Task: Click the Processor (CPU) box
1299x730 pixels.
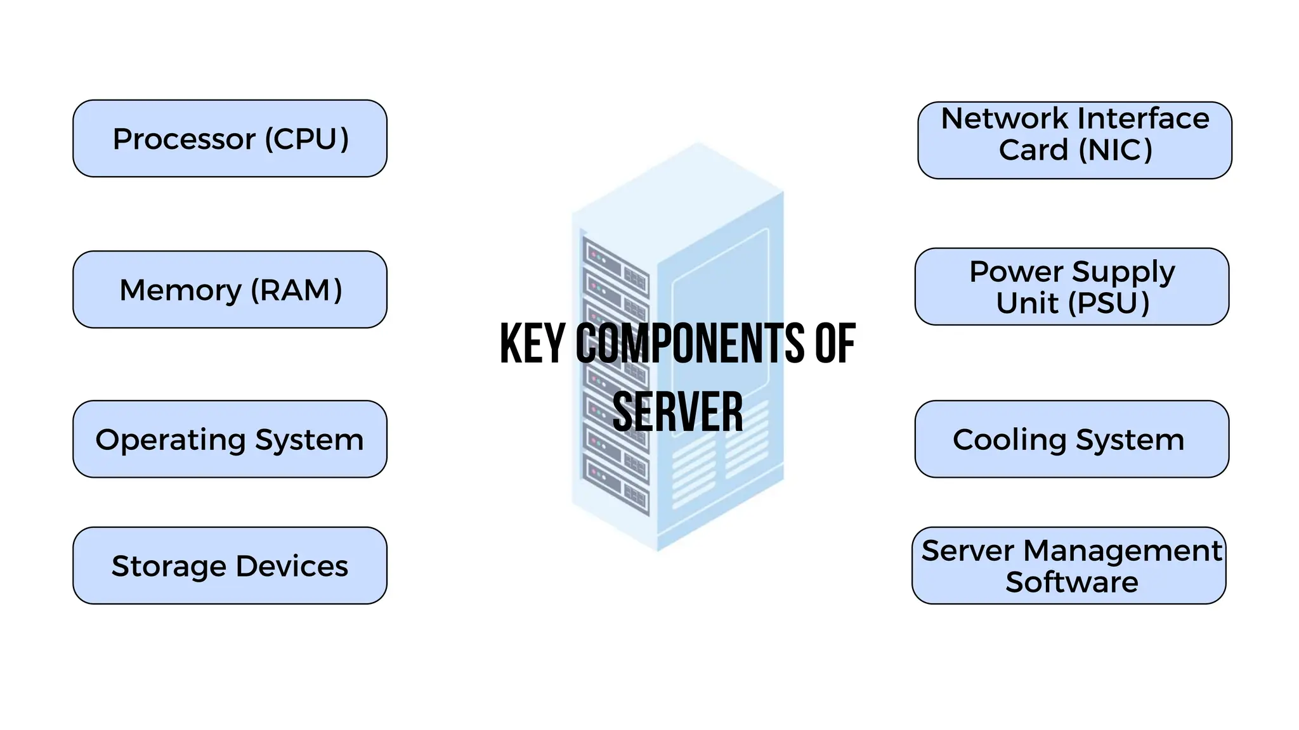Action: tap(230, 138)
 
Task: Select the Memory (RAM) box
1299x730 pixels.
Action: tap(230, 290)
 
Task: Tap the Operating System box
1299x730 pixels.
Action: tap(230, 439)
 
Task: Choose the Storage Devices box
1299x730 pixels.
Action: tap(230, 565)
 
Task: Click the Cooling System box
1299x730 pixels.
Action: tap(1071, 439)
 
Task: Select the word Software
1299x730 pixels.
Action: tap(1071, 582)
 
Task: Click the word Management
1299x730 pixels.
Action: tap(1122, 551)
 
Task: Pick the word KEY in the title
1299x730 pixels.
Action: tap(532, 343)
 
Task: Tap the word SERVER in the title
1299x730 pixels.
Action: tap(677, 412)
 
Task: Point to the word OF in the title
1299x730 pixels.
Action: tap(835, 343)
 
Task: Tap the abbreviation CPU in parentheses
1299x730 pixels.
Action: tap(307, 139)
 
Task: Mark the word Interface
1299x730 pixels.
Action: tap(1143, 118)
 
